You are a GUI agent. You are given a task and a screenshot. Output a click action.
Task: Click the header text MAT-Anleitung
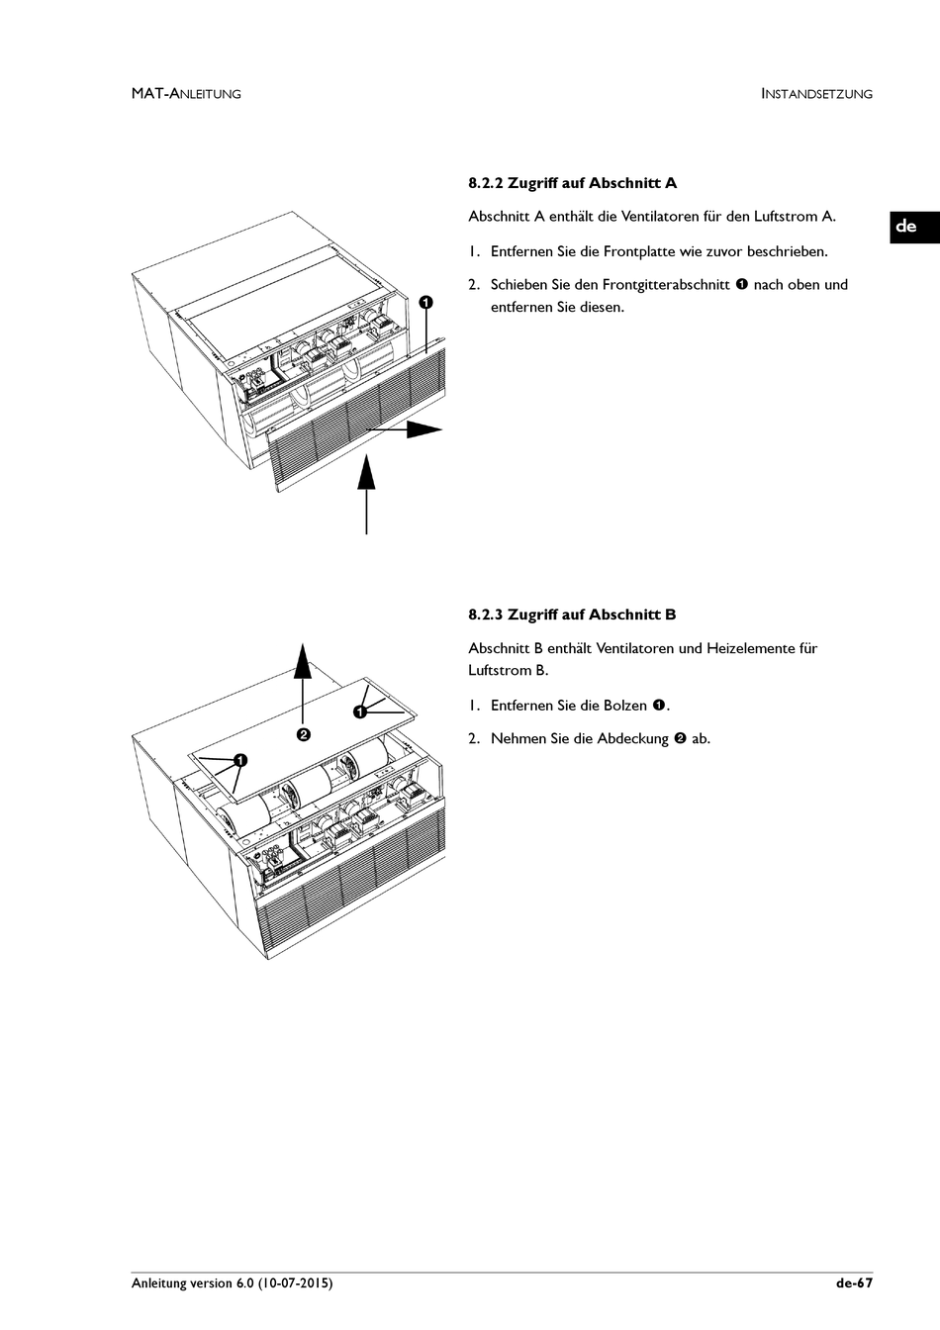186,94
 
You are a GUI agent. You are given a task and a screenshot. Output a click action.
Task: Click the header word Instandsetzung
816,94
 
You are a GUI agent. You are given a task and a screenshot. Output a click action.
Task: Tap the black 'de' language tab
905,226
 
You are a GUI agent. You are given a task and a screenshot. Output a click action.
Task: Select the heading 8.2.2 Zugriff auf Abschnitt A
572,183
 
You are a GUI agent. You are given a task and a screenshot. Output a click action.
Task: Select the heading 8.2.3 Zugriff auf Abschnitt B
572,615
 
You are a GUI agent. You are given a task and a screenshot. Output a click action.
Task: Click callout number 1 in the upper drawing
425,302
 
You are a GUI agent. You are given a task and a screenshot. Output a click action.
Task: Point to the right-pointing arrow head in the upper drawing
425,428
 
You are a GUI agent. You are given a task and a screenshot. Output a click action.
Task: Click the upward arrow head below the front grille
367,471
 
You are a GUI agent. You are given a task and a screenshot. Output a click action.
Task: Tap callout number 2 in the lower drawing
304,734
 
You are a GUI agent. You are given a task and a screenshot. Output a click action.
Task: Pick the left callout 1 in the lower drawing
239,760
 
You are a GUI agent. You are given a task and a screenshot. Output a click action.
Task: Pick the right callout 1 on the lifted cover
359,712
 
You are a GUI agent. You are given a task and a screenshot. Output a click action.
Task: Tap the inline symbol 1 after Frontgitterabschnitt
741,285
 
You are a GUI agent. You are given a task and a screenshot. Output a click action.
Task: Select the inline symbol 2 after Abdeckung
680,739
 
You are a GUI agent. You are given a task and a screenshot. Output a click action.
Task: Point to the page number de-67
854,1282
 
